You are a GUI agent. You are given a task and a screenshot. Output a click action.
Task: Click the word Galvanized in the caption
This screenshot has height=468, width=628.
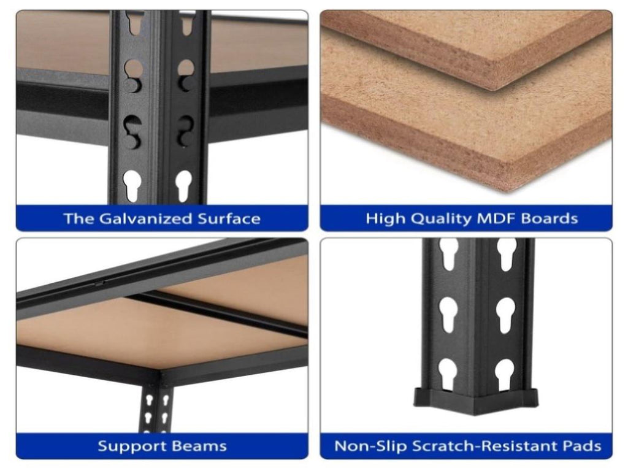tap(145, 218)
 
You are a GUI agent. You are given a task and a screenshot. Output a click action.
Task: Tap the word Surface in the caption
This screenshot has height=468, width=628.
tap(229, 218)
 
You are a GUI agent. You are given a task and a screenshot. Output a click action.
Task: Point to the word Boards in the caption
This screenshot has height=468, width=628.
tap(549, 218)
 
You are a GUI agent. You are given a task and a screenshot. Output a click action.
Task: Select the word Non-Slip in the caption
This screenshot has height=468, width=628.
tap(370, 447)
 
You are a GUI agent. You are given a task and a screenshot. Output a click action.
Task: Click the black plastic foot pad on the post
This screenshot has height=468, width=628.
tap(475, 401)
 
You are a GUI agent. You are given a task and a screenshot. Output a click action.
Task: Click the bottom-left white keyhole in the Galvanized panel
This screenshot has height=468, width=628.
tap(132, 185)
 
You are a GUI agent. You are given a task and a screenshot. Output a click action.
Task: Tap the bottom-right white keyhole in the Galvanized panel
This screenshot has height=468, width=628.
tap(183, 185)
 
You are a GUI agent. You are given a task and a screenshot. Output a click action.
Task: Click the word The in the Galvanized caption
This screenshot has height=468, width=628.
tap(78, 218)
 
